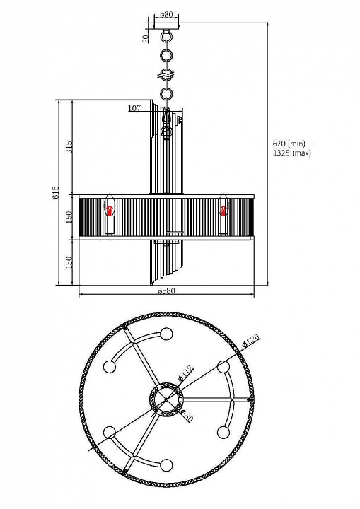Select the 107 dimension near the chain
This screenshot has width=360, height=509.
coord(134,108)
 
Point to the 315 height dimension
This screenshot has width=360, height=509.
coord(69,148)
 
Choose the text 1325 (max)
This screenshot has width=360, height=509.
coord(292,153)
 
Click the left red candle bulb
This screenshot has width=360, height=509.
coord(110,209)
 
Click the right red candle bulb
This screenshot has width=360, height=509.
coord(224,209)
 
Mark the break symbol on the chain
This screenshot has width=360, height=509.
coord(167,74)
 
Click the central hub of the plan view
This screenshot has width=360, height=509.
coord(166,399)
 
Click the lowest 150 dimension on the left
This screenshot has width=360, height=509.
coord(69,262)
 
